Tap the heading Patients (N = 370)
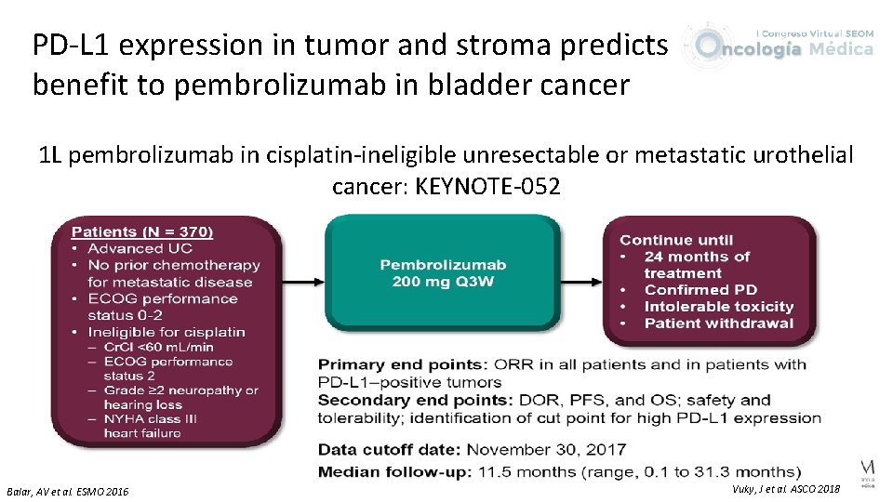(142, 231)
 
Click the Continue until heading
(676, 240)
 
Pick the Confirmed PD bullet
(700, 290)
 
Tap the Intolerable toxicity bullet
(718, 307)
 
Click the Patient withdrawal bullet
(718, 324)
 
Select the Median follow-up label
(395, 472)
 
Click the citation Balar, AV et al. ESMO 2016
(68, 491)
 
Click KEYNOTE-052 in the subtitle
(487, 186)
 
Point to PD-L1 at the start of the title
(70, 44)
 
